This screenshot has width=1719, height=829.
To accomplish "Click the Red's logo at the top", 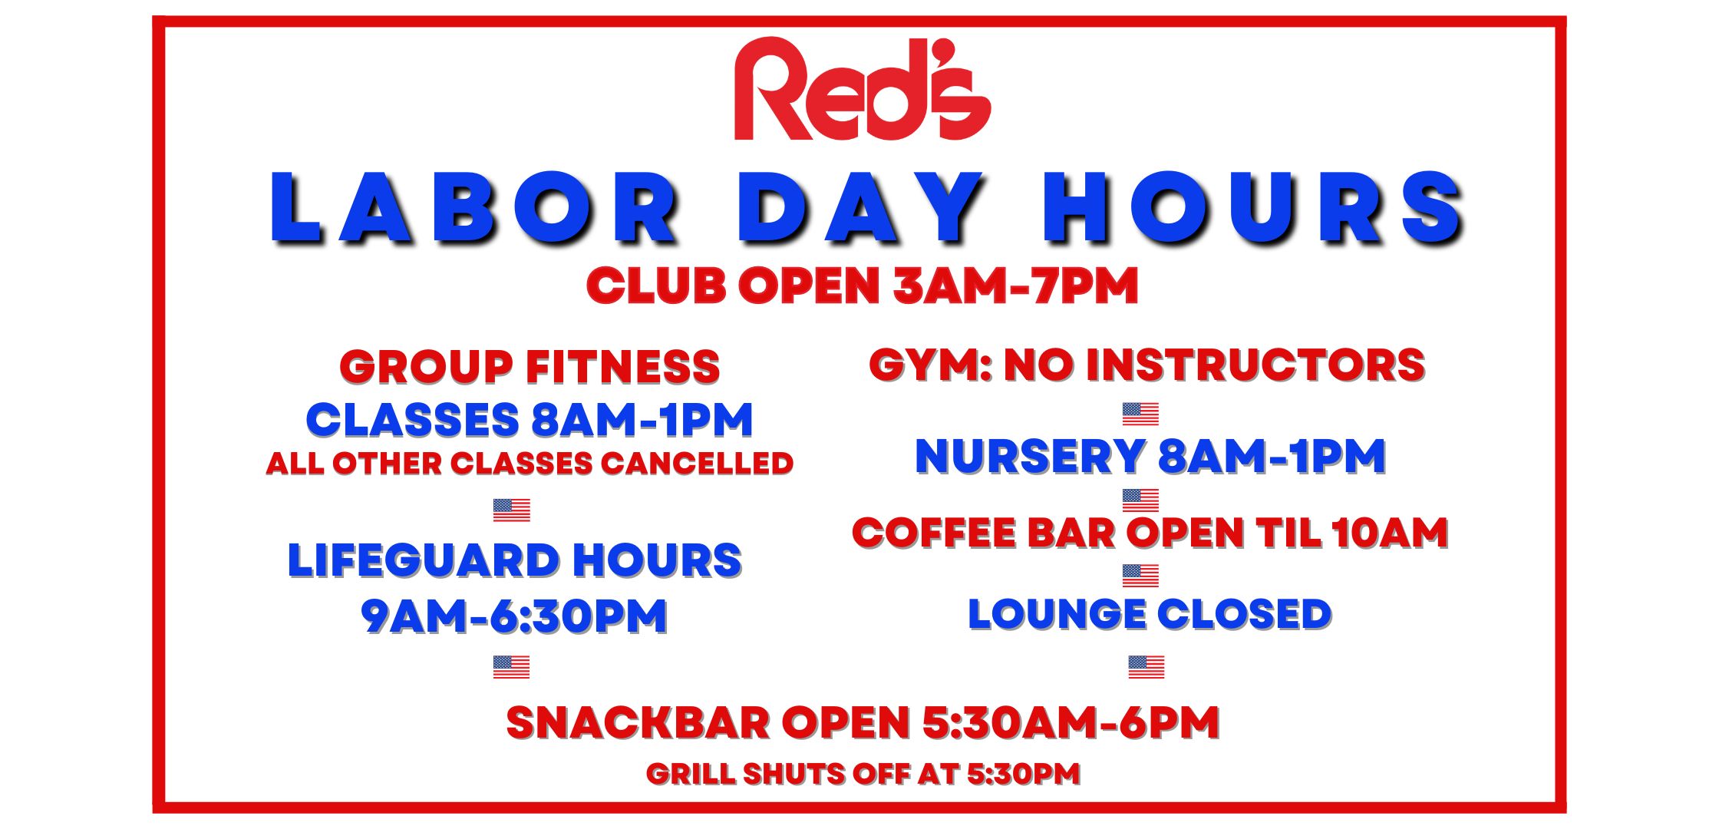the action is pos(863,89).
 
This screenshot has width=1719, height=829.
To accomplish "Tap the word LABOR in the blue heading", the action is pos(475,209).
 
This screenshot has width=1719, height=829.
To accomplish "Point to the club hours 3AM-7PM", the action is pos(1015,286).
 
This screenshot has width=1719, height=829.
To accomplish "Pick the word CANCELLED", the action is pos(697,464).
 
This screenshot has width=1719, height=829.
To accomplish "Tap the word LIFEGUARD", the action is pos(424,560).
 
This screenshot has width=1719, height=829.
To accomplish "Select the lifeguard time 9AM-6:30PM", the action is pos(514,616).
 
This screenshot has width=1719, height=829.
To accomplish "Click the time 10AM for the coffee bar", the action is pos(1390,533).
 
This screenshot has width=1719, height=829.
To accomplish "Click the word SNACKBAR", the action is pos(638,723).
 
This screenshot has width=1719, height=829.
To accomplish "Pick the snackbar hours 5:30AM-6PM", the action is pos(1071,723).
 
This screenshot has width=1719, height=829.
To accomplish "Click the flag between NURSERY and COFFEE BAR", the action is pos(1140,500).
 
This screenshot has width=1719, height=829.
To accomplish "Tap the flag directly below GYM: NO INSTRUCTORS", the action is pos(1140,414).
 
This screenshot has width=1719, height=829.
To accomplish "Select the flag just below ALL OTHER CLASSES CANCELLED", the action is pos(512,510).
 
